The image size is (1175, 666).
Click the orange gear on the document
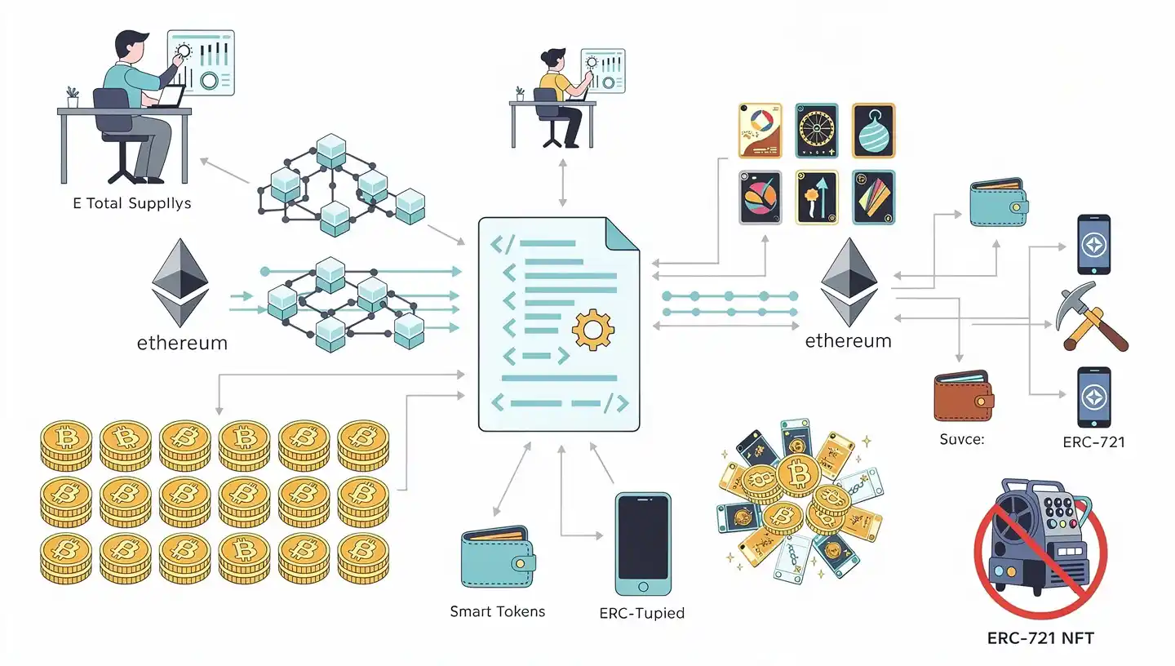click(x=593, y=330)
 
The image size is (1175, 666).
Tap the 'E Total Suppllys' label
click(x=131, y=203)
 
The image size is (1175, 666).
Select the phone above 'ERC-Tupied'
click(x=643, y=543)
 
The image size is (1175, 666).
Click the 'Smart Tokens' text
click(x=497, y=611)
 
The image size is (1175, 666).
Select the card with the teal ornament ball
click(x=873, y=131)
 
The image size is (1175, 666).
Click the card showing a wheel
click(x=817, y=131)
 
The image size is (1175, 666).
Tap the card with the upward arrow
click(x=817, y=197)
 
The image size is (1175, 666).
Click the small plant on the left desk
click(x=73, y=97)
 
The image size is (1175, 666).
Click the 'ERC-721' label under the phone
click(x=1093, y=442)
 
